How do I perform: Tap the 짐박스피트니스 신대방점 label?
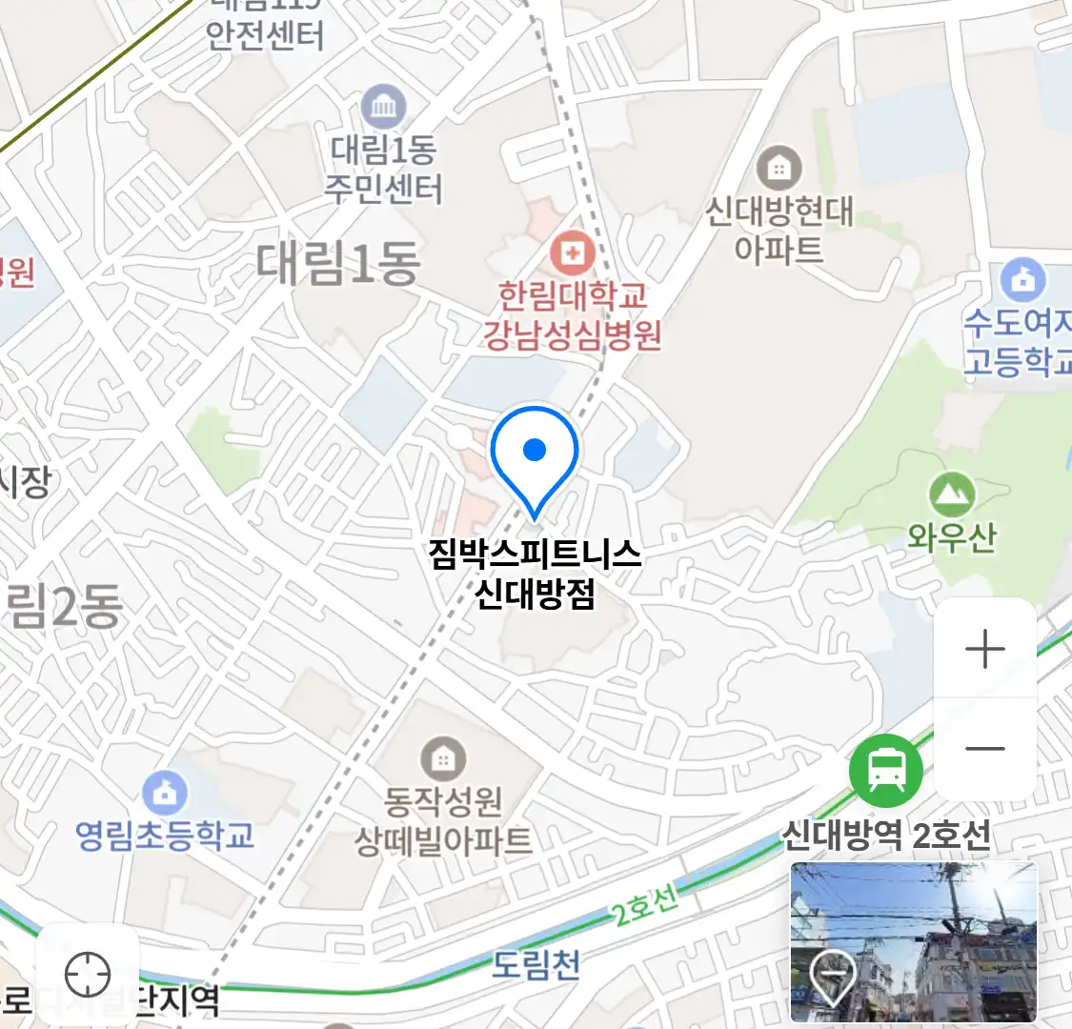click(535, 574)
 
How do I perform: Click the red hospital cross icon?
click(572, 253)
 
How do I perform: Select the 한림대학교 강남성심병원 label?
click(572, 315)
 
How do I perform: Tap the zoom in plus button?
click(984, 650)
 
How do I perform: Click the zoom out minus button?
click(984, 749)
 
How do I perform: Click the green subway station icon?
click(886, 770)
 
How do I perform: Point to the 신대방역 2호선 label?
click(886, 836)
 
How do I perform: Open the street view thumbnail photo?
click(913, 941)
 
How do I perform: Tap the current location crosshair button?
click(88, 975)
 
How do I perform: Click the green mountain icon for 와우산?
click(951, 494)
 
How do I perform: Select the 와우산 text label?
click(951, 537)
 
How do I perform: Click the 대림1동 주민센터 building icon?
click(383, 109)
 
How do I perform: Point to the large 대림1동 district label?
click(338, 263)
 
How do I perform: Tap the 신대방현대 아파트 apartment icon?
click(779, 169)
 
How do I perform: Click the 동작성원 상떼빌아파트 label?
click(443, 820)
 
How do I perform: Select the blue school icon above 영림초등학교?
click(165, 791)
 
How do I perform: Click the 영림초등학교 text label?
click(165, 836)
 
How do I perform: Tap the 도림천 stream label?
click(536, 965)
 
